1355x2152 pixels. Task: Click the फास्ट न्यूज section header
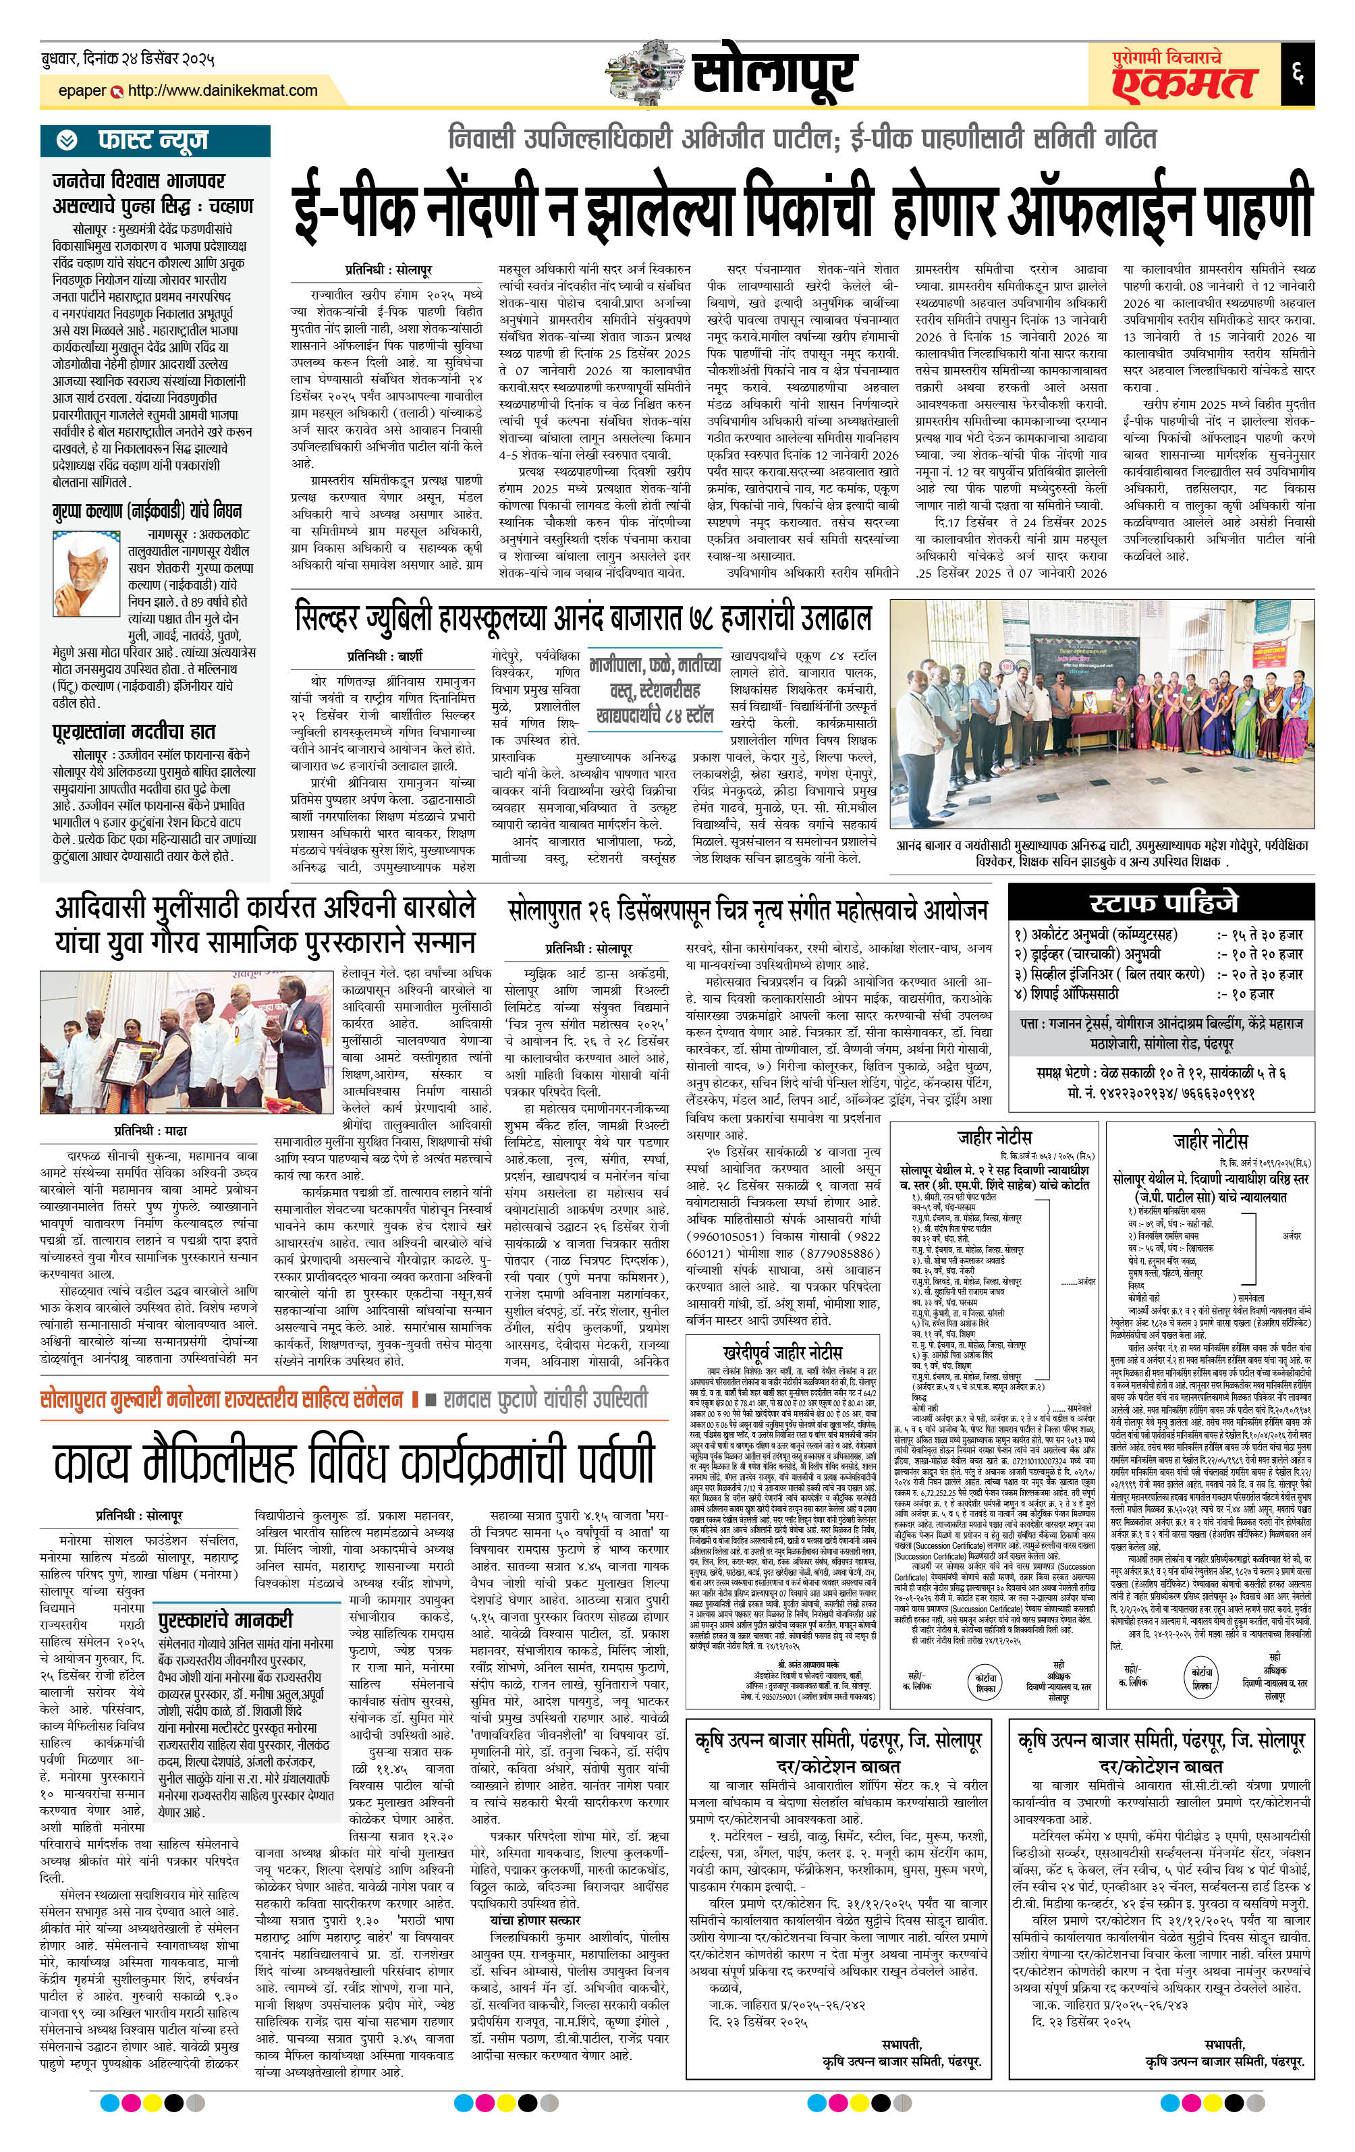(153, 140)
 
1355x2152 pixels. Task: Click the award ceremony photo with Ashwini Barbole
(186, 1042)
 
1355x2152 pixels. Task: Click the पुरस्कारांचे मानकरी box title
(225, 1620)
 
